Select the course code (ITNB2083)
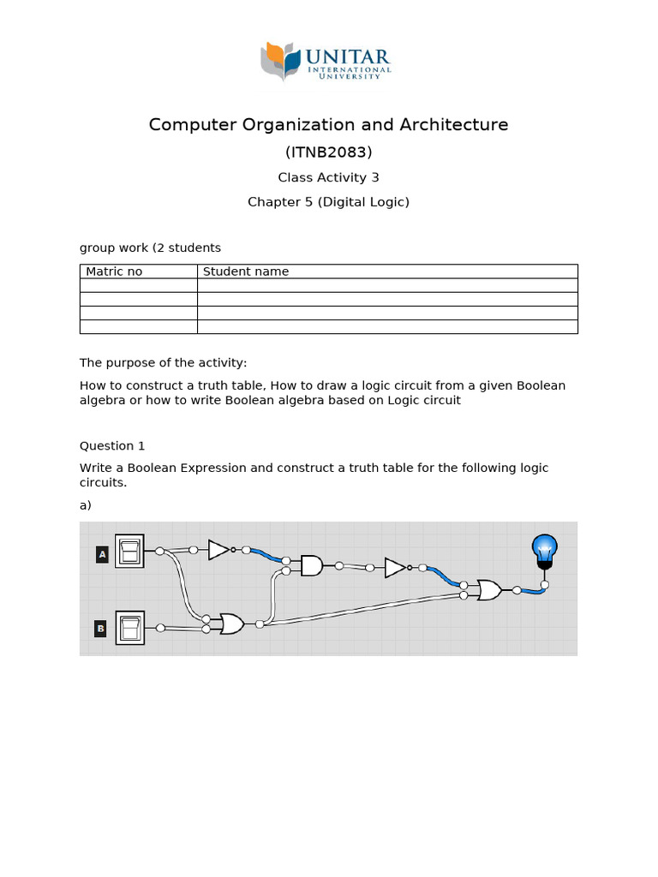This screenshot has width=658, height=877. coord(329,152)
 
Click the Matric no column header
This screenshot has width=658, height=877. coord(114,271)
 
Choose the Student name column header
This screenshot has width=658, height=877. coord(246,271)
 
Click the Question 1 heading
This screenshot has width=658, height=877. coord(107,445)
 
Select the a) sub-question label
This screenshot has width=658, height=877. coord(86,505)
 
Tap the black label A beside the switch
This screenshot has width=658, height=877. coord(102,554)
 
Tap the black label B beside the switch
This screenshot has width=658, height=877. coord(101,629)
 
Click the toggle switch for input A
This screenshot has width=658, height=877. coord(130,551)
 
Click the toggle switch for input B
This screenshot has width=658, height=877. coord(130,627)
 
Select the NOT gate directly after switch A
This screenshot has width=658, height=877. coord(219,549)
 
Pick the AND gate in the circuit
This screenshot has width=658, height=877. coord(311,565)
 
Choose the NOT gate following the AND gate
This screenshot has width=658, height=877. coord(395,567)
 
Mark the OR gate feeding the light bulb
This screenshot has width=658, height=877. coord(489,590)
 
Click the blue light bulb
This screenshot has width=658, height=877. coord(544,551)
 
